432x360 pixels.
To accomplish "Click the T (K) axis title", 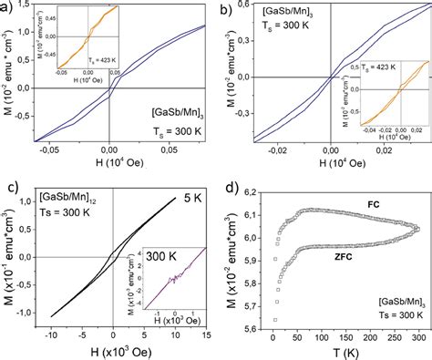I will coord(345,353).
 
